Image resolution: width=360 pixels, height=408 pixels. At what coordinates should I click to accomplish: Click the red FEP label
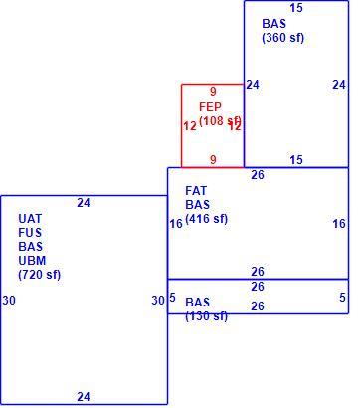pos(210,107)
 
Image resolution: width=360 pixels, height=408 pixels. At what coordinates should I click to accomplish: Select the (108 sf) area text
pos(220,121)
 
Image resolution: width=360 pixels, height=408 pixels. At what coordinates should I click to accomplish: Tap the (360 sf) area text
pos(282,38)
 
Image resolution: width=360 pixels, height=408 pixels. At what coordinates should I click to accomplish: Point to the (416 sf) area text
pos(207,219)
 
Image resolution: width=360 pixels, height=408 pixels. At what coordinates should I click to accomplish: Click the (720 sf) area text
pos(40,275)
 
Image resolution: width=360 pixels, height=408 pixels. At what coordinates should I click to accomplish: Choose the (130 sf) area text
pos(207,316)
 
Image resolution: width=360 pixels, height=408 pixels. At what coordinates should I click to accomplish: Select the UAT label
pos(30,219)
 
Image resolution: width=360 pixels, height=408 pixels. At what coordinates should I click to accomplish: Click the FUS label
pos(30,233)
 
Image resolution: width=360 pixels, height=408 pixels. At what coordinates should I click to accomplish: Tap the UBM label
pos(32,261)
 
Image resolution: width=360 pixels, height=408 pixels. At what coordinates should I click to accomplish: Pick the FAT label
pos(196,191)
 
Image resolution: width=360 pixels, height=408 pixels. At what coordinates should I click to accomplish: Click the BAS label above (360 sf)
pos(273,24)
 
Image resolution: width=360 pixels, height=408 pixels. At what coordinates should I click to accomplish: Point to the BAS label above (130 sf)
pos(197,303)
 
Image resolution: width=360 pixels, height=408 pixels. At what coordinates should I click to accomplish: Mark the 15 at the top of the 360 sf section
pos(296,8)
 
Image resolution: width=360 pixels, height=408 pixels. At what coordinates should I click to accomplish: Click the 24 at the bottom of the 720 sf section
pos(84,396)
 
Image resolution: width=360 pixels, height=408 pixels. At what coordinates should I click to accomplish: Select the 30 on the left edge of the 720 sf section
pos(9,301)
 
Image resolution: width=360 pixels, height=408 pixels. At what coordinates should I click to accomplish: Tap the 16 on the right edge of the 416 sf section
pos(339,224)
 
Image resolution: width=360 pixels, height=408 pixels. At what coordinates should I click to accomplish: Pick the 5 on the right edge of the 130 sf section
pos(342,298)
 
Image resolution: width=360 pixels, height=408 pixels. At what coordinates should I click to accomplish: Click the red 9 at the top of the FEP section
pos(213,91)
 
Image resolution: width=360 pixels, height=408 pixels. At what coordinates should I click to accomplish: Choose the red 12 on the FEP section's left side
pos(190,126)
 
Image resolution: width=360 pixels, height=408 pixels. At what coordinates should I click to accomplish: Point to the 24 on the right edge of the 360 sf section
pos(339,85)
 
